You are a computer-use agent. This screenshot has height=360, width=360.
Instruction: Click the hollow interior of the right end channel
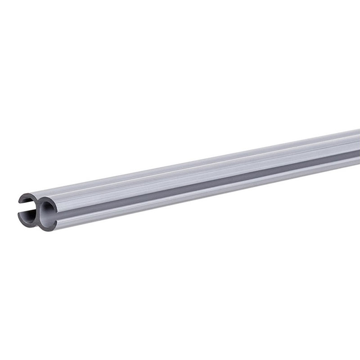tap(47, 212)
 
